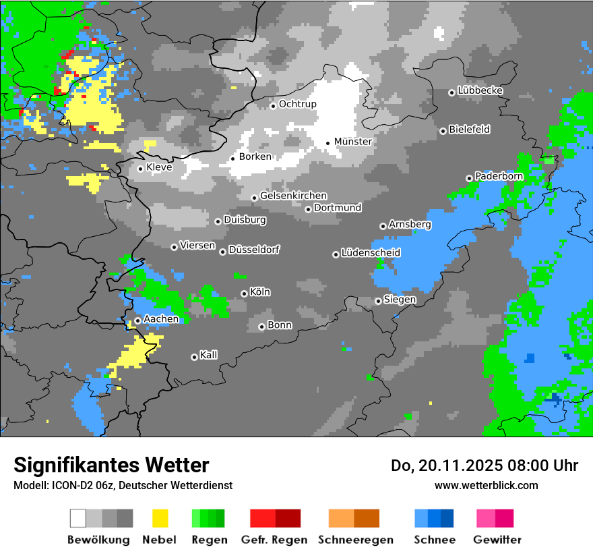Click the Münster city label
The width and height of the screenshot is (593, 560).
click(352, 142)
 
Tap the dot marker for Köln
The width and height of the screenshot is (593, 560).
click(244, 293)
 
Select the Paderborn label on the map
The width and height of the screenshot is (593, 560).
click(499, 176)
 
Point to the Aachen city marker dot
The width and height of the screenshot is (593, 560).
click(137, 321)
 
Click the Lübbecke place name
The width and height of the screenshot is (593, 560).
click(480, 90)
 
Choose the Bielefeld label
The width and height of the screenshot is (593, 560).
click(469, 130)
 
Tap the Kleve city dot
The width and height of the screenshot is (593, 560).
click(140, 169)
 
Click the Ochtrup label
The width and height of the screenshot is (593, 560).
click(297, 104)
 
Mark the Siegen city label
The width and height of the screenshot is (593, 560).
click(400, 300)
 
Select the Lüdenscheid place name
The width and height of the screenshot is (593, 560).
click(371, 253)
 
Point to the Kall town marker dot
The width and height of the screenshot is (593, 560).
click(194, 357)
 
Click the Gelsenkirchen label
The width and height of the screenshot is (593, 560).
click(293, 196)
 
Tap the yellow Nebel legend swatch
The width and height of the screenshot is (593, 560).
click(160, 518)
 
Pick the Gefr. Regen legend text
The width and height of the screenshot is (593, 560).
click(274, 540)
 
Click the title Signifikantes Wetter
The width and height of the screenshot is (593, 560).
click(111, 466)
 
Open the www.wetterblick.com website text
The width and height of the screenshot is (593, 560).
click(486, 486)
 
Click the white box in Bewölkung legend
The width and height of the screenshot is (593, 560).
click(78, 518)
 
